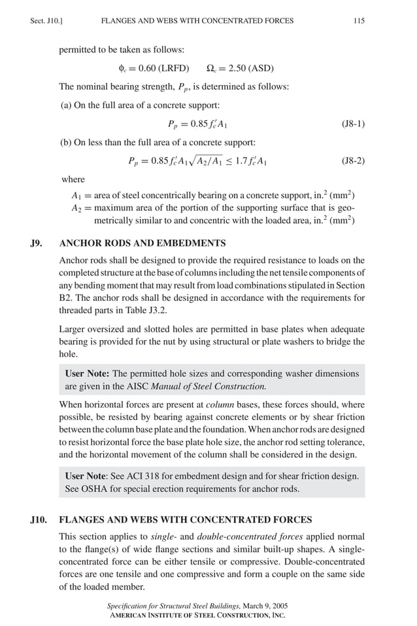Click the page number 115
coord(359,21)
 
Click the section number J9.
coord(37,243)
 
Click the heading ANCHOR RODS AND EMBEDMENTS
coord(142,243)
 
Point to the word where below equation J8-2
coord(73,179)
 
